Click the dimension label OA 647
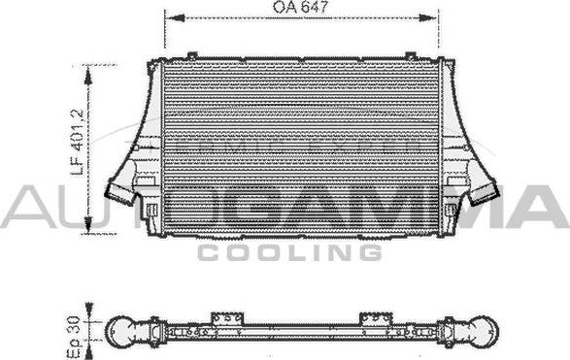pos(300,7)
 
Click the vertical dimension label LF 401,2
pos(78,142)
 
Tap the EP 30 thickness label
pos(74,337)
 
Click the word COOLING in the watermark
pos(289,252)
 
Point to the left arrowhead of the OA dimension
pos(175,18)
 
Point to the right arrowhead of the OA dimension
pos(427,17)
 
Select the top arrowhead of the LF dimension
pos(88,76)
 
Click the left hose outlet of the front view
pos(119,192)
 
